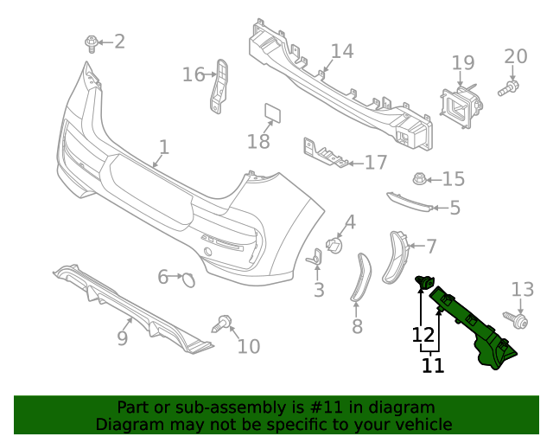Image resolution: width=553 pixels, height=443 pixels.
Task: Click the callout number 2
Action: click(x=119, y=41)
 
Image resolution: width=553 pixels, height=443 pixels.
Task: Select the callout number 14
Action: click(x=342, y=51)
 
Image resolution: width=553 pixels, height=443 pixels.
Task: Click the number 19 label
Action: click(x=463, y=62)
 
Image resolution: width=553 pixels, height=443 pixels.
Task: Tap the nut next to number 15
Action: click(x=419, y=179)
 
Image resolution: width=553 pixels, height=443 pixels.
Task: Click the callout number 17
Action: click(x=376, y=162)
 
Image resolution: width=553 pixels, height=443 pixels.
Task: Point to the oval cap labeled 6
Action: click(x=187, y=279)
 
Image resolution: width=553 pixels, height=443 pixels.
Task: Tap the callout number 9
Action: click(x=123, y=337)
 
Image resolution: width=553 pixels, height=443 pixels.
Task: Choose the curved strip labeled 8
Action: click(x=360, y=278)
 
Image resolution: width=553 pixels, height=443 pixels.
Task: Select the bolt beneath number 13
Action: click(x=521, y=321)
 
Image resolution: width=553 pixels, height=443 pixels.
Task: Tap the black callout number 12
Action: click(x=423, y=334)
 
